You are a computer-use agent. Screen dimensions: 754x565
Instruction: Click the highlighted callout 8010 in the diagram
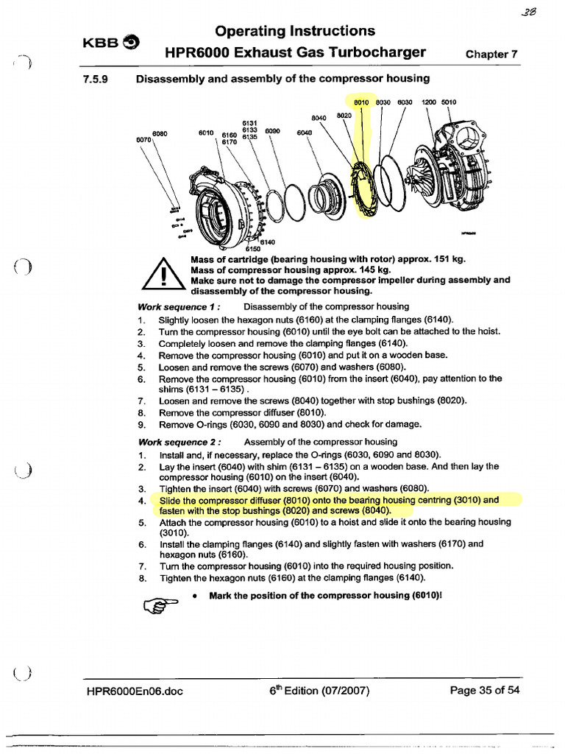pos(360,102)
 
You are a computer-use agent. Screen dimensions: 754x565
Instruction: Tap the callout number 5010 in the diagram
pos(449,102)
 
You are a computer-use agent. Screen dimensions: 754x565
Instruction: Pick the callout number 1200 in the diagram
pos(427,102)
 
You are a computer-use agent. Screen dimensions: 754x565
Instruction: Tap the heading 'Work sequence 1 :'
pos(179,306)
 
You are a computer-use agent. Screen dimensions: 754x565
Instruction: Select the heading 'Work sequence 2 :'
pos(180,442)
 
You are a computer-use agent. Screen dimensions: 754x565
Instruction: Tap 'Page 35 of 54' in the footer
pos(483,691)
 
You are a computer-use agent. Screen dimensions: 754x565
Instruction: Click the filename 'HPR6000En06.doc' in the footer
pos(135,691)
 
